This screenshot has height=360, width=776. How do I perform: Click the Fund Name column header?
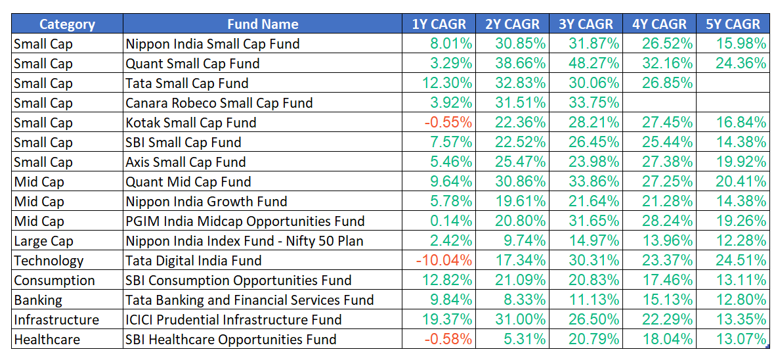coord(263,24)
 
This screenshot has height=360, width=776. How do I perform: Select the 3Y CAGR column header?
coord(586,24)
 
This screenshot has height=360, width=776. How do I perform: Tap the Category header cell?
coord(67,24)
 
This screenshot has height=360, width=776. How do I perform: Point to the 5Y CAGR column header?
coord(733,24)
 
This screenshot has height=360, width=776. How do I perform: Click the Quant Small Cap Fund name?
coord(192,64)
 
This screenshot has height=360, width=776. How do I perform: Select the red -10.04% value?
coord(444,261)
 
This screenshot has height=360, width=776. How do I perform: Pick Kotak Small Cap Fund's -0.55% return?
coord(450,123)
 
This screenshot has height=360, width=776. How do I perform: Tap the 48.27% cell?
coord(593,64)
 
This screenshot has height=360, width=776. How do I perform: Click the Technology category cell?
coord(49,261)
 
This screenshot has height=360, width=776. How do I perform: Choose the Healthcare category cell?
coord(47,340)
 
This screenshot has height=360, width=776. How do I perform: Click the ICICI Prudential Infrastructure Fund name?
coord(234,320)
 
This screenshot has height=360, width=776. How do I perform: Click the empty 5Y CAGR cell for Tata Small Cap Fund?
coord(733,83)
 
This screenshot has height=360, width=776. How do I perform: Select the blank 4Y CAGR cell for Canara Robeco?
coord(659,103)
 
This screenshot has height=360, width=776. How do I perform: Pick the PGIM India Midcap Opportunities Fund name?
coord(245,221)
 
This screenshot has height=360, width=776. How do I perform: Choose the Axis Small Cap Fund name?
coord(186,162)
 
